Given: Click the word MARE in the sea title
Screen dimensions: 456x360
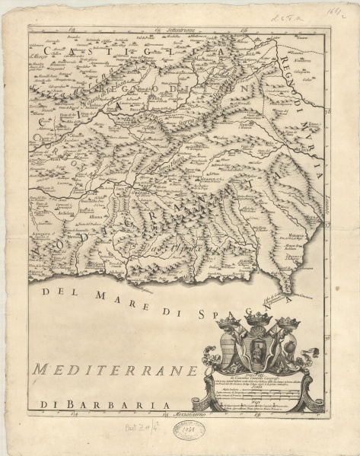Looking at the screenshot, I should click(x=106, y=300).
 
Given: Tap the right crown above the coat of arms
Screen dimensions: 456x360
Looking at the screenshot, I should click(x=288, y=322).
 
